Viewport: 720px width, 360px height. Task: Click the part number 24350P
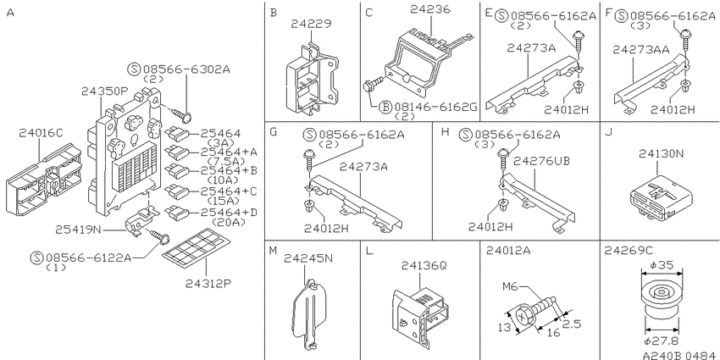(104, 91)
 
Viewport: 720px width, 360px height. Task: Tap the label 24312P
(208, 284)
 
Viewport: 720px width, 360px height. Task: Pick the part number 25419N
(78, 229)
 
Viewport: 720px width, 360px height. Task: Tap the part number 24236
(430, 9)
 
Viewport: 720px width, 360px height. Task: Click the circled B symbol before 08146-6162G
(385, 108)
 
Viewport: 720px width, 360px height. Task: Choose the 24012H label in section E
(567, 108)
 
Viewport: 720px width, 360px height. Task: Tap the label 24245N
(307, 258)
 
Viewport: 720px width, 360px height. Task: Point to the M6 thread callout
(510, 287)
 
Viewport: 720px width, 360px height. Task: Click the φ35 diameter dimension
(662, 265)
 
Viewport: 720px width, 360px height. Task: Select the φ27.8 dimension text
(662, 341)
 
